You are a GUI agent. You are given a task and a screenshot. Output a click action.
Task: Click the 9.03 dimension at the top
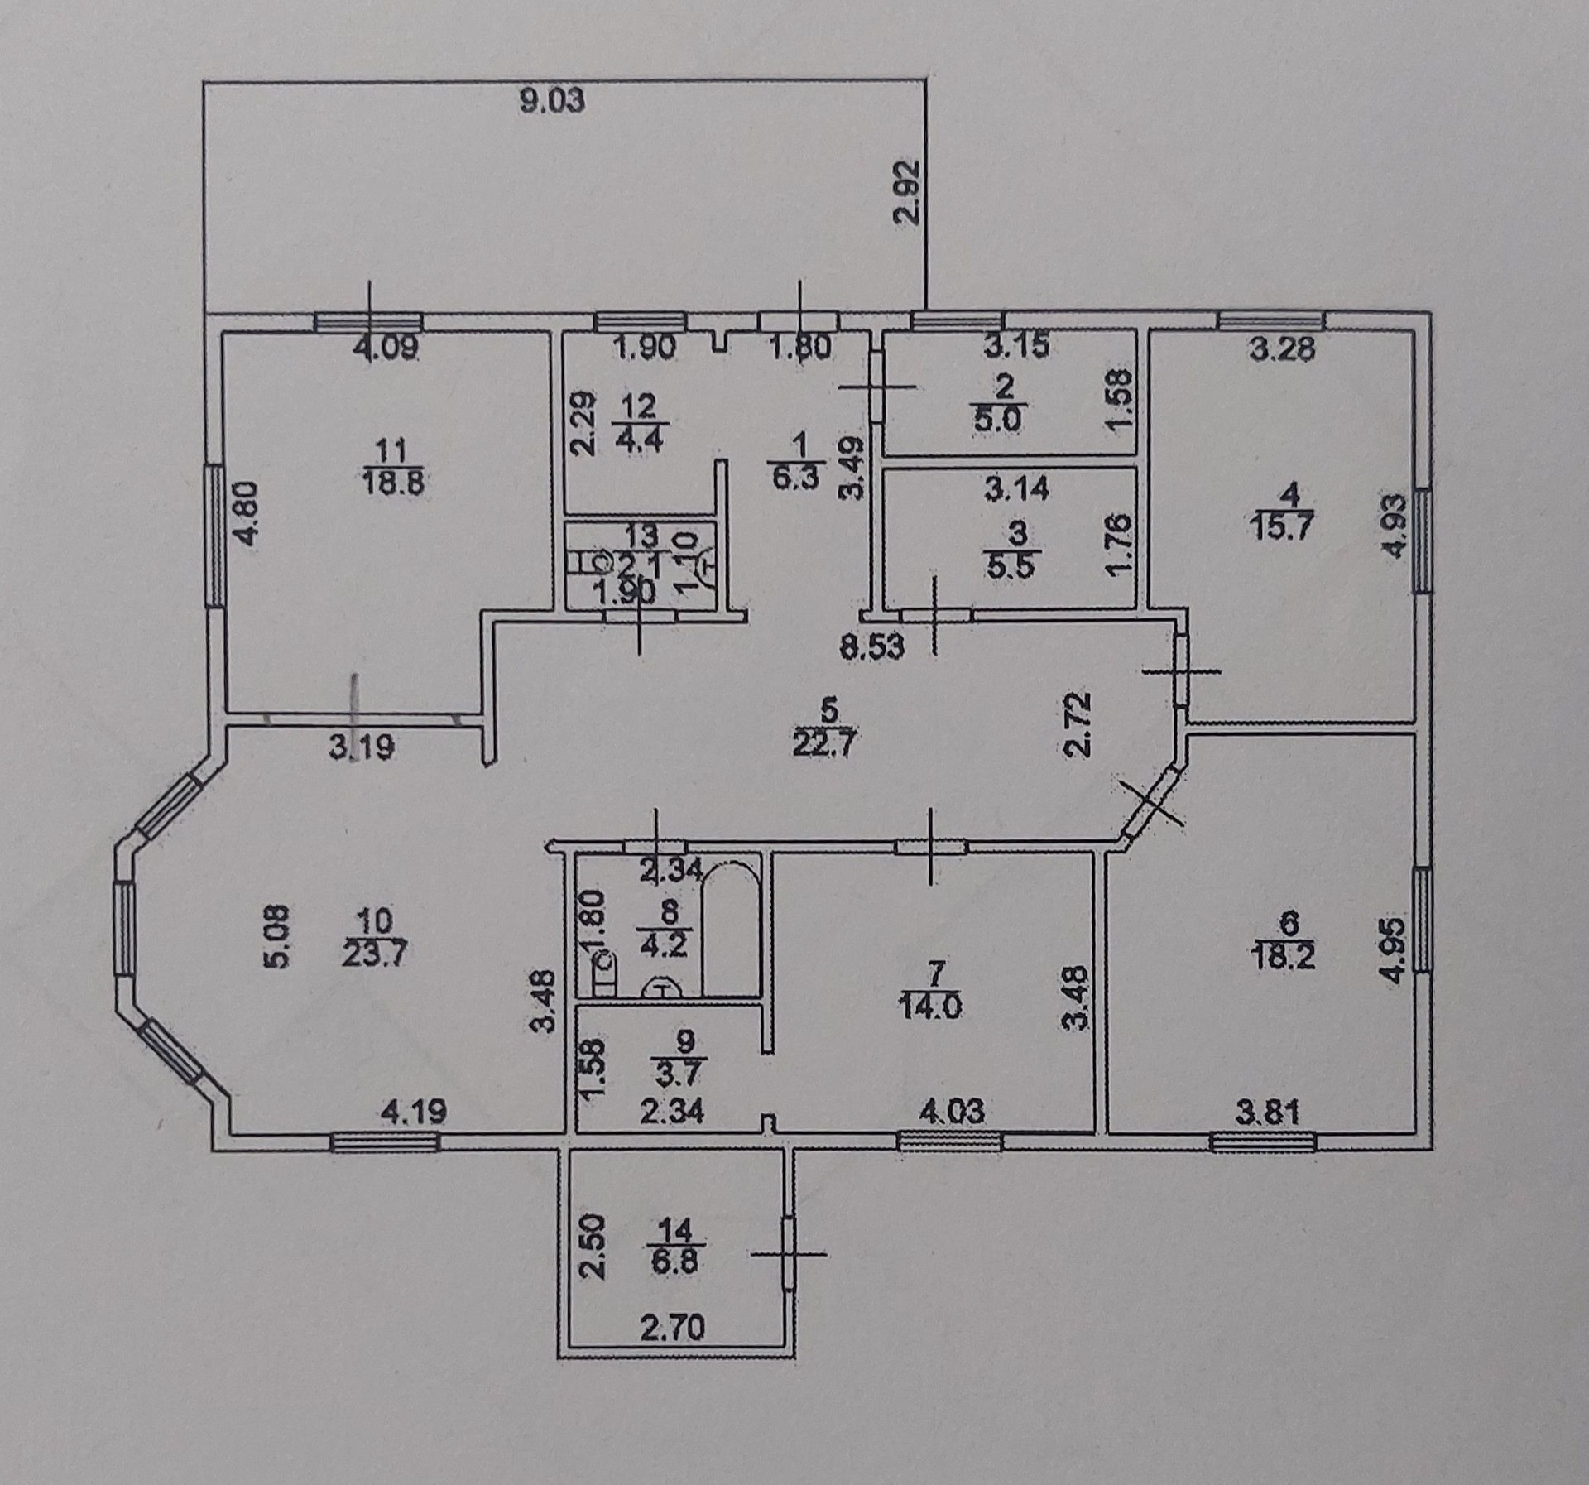(x=552, y=102)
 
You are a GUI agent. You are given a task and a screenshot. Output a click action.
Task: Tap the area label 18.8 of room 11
(x=393, y=482)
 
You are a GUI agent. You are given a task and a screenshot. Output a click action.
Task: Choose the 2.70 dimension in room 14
(x=672, y=1352)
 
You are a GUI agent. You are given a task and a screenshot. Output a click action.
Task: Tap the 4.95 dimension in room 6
(x=1396, y=959)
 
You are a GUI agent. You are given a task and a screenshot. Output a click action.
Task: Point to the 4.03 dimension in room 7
(x=953, y=1112)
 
